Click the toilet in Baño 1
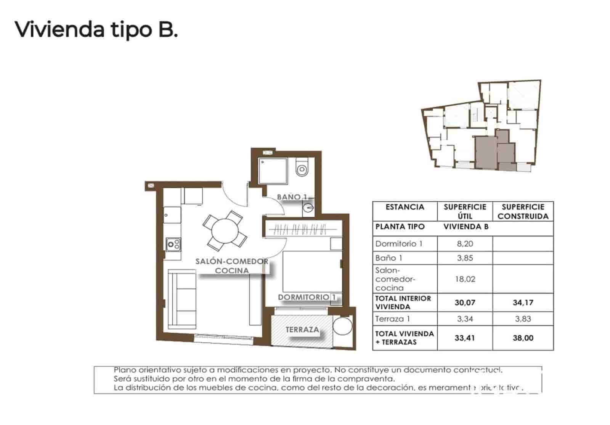click(x=302, y=168)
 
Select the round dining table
click(x=225, y=230)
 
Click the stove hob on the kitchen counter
click(x=173, y=244)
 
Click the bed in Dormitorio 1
click(x=311, y=271)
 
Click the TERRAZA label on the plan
click(x=302, y=329)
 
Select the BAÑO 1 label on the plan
click(x=292, y=197)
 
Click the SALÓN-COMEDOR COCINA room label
click(x=232, y=266)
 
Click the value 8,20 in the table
click(x=465, y=244)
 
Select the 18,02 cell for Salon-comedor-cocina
click(x=465, y=279)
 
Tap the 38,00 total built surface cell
click(x=523, y=338)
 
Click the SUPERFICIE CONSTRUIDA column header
click(x=523, y=211)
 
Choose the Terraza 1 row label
click(x=393, y=319)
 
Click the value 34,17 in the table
click(x=523, y=303)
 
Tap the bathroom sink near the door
click(x=308, y=208)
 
